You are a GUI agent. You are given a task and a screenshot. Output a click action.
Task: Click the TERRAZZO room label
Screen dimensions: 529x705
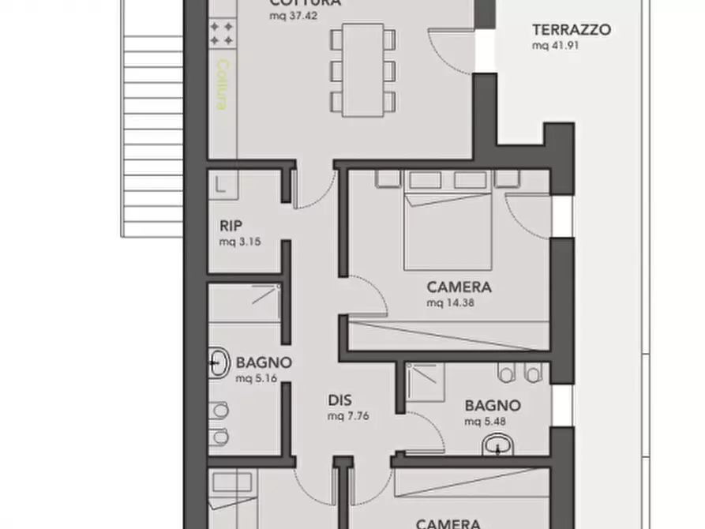(571, 30)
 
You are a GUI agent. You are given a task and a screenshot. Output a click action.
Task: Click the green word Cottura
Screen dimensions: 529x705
(223, 84)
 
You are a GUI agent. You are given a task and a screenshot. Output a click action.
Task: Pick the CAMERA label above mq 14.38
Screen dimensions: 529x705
(459, 287)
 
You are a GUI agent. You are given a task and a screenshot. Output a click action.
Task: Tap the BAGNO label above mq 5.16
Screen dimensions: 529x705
(264, 363)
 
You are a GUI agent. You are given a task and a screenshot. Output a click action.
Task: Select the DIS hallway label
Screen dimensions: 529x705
(339, 400)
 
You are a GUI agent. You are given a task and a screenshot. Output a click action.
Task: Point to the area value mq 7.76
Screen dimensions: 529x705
(348, 415)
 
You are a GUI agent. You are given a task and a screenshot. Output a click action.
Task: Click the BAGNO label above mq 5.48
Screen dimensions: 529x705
(492, 406)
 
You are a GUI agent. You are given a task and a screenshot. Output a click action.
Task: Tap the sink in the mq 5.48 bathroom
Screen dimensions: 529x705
(497, 447)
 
